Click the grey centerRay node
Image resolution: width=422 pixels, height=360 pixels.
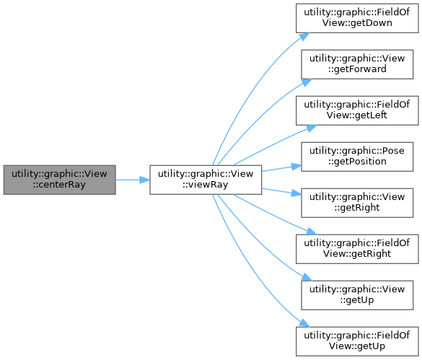(x=59, y=180)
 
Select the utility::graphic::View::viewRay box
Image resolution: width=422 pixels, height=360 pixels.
(x=206, y=180)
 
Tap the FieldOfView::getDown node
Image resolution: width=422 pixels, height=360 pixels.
(x=357, y=18)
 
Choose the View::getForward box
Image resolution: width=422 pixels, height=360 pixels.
(x=357, y=64)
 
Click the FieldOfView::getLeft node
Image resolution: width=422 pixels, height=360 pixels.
(x=357, y=110)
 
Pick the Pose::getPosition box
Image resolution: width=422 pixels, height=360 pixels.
(x=357, y=157)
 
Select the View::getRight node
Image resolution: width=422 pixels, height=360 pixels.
(x=357, y=203)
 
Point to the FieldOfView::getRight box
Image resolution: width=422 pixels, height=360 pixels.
(x=357, y=249)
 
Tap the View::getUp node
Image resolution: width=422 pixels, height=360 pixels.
(x=357, y=295)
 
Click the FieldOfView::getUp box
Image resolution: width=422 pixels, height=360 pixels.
(x=357, y=341)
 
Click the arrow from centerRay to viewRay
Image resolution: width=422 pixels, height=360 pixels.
(x=133, y=180)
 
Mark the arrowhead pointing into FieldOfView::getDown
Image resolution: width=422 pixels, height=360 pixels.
(x=304, y=37)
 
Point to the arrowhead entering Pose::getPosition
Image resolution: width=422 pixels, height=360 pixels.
(x=296, y=167)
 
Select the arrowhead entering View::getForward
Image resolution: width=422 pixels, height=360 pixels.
(x=307, y=82)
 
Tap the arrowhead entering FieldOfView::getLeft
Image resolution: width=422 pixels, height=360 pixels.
(x=312, y=128)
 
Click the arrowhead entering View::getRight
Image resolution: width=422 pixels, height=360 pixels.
(x=296, y=193)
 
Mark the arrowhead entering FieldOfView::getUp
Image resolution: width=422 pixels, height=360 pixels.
(x=304, y=323)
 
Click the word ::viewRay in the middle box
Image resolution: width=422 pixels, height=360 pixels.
(x=206, y=185)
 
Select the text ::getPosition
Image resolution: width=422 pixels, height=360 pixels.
(x=357, y=162)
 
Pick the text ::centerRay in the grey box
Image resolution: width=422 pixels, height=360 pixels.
(x=59, y=185)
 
